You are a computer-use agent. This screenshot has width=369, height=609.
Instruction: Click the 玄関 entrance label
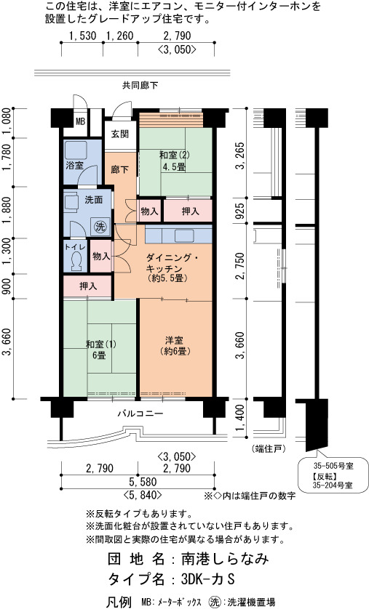click(120, 134)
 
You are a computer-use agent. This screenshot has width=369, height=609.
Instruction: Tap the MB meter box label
click(80, 121)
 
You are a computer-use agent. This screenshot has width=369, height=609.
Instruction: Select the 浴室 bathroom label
click(75, 165)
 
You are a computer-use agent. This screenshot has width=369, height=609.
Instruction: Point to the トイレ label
click(73, 247)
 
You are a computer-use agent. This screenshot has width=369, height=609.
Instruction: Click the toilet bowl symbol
click(76, 260)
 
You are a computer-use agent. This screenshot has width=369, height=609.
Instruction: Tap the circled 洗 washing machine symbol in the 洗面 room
click(100, 227)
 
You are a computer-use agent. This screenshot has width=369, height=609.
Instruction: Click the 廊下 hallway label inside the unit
click(120, 170)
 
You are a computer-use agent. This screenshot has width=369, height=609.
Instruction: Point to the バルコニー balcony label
click(140, 414)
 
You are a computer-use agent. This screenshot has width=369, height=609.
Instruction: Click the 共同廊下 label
click(140, 86)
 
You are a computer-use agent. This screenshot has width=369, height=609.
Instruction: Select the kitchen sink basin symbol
click(184, 236)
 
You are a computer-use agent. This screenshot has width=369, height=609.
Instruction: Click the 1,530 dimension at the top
click(82, 36)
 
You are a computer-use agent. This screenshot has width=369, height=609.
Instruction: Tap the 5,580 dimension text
click(143, 482)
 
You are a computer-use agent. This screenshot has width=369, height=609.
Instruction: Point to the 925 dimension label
click(241, 210)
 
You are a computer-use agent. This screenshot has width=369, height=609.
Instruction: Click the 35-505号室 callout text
click(333, 466)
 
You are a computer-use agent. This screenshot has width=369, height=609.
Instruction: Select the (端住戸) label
click(269, 449)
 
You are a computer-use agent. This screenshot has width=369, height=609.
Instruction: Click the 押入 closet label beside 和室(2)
click(190, 211)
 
